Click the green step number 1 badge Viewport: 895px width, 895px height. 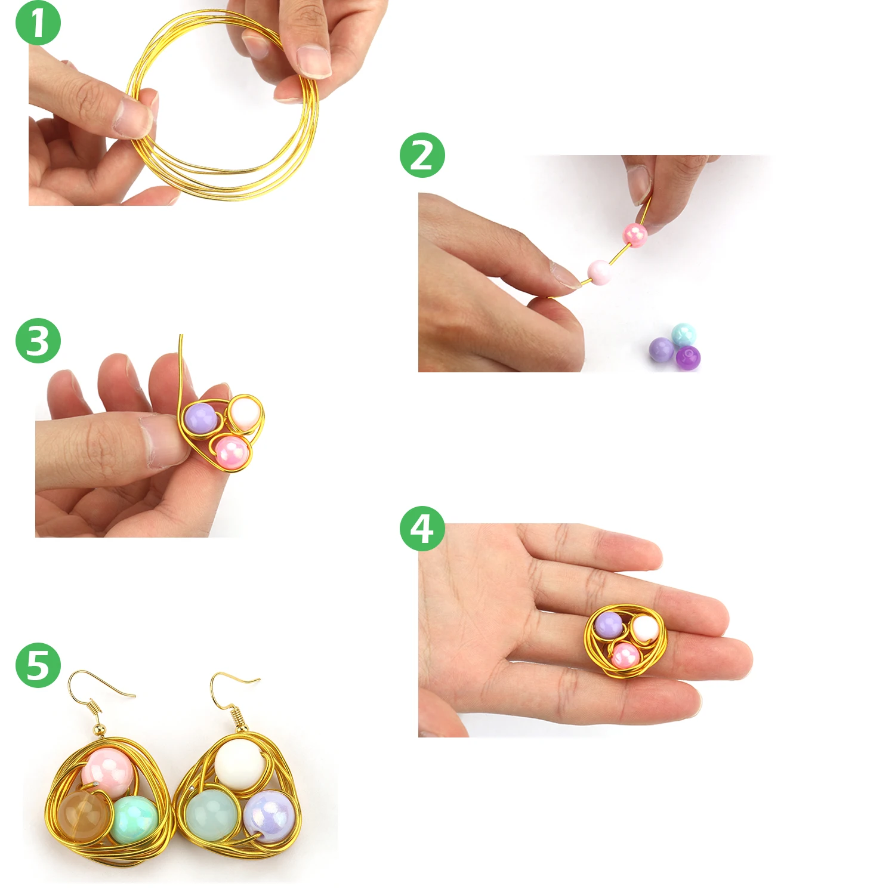(x=38, y=23)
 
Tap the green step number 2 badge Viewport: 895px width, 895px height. (x=422, y=155)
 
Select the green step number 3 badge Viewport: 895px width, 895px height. (x=38, y=341)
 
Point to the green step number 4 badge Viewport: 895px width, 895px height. (x=422, y=529)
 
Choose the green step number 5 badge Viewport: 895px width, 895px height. (x=38, y=665)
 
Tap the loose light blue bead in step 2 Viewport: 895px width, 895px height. (x=683, y=334)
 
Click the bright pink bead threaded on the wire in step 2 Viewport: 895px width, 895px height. (x=635, y=234)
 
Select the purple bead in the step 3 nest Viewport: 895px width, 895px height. (x=200, y=418)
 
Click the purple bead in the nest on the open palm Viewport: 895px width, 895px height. (x=609, y=624)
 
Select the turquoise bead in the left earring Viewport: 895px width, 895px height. (x=135, y=819)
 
